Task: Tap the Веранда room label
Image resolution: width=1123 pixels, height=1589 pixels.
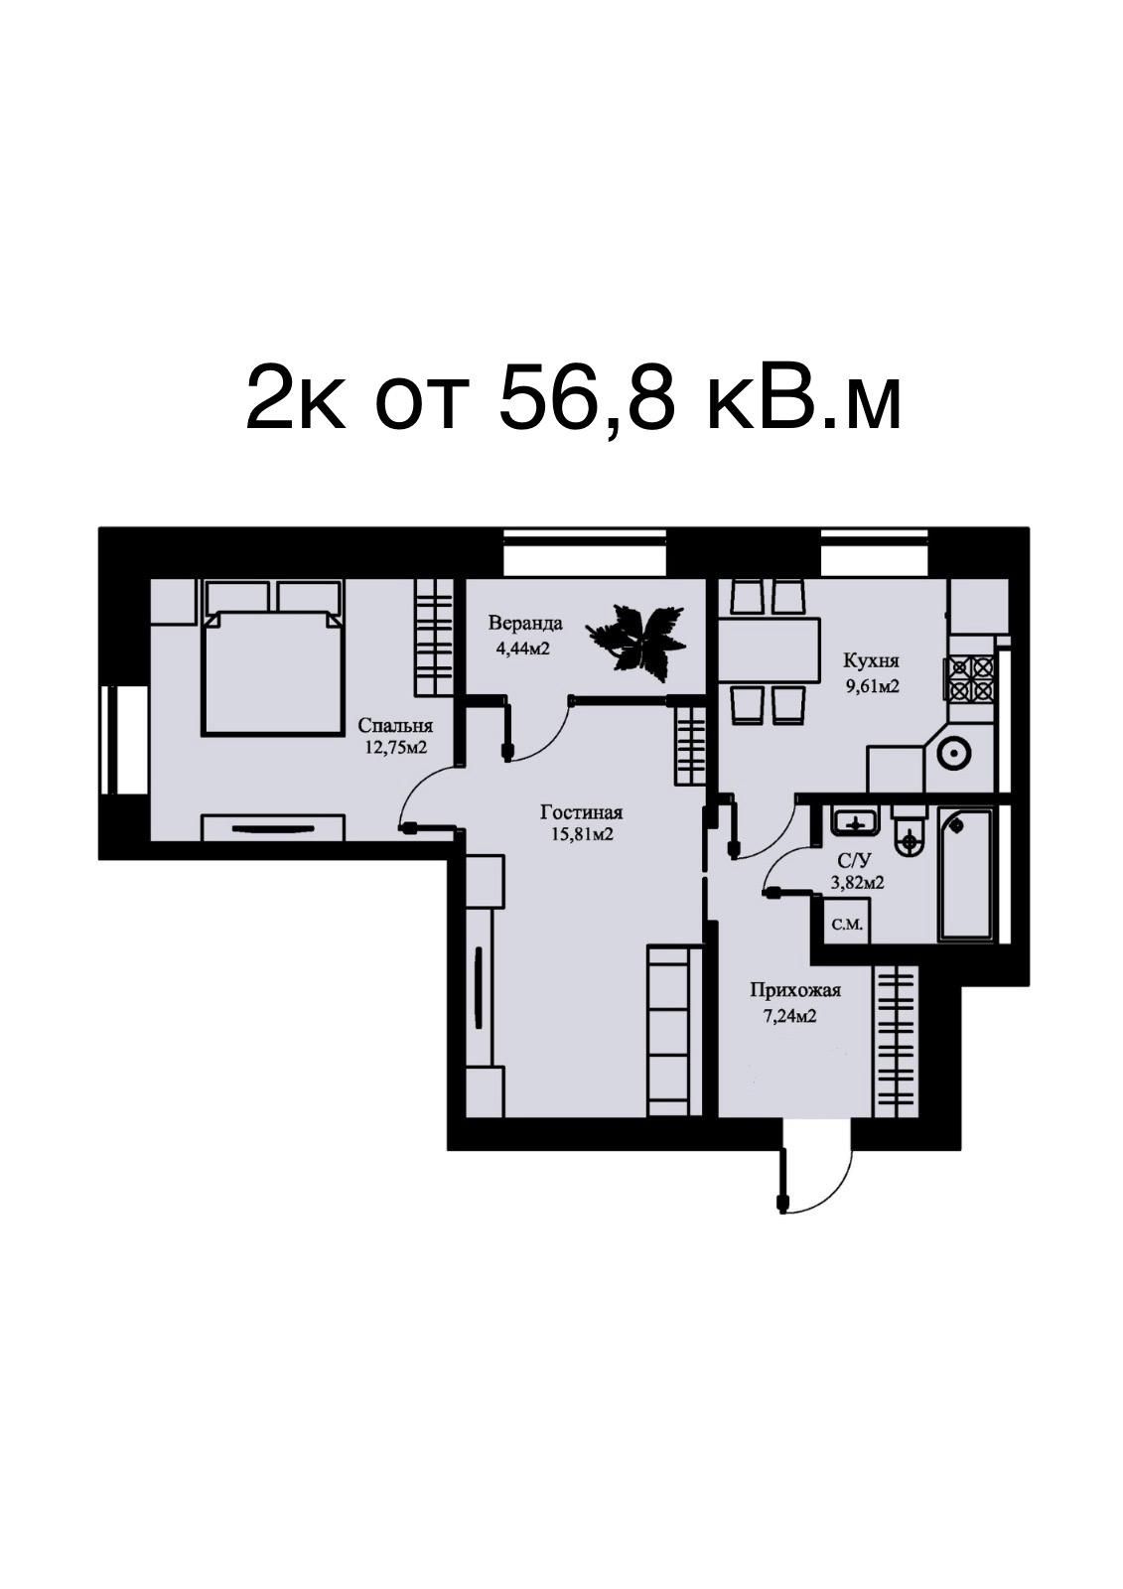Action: [525, 624]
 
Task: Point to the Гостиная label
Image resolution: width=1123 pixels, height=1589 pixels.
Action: [581, 811]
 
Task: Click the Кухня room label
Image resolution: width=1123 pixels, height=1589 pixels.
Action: [871, 661]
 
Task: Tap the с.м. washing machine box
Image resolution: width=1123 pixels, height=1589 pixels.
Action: [846, 925]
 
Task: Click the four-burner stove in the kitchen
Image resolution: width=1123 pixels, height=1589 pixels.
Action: [968, 679]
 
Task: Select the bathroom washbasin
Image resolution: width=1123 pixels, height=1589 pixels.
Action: [856, 823]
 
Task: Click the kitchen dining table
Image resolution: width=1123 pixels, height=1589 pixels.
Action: [769, 650]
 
